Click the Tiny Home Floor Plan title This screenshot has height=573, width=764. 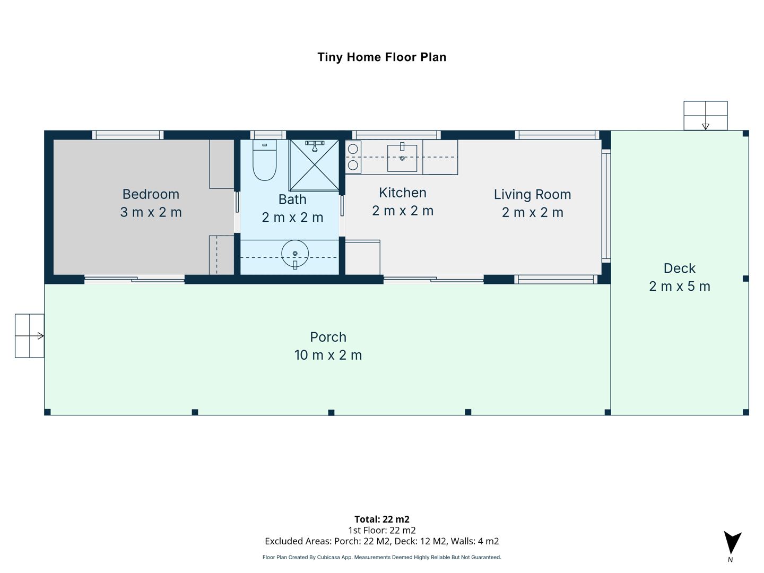tap(382, 57)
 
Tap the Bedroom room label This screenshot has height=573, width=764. tap(151, 194)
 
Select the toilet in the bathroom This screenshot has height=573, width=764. tap(265, 160)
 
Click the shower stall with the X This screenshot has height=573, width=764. tap(314, 165)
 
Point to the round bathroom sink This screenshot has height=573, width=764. tap(295, 254)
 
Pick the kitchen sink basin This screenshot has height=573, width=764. tap(402, 158)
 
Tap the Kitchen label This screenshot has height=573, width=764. tap(403, 193)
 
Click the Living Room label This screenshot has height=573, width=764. tap(533, 195)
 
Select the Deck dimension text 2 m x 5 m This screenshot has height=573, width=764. tap(680, 286)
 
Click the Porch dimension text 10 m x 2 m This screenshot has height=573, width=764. tap(328, 355)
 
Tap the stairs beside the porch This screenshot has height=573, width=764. tap(30, 336)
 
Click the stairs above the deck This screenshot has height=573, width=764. tap(706, 116)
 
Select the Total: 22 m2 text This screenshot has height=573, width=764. tap(382, 519)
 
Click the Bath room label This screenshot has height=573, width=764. tap(292, 199)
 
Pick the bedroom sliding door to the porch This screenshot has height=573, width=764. tap(134, 279)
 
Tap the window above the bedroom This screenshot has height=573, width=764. tap(128, 135)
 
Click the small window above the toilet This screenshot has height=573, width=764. tap(268, 135)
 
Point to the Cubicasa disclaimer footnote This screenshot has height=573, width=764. tap(382, 557)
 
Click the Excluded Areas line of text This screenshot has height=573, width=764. tap(382, 541)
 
